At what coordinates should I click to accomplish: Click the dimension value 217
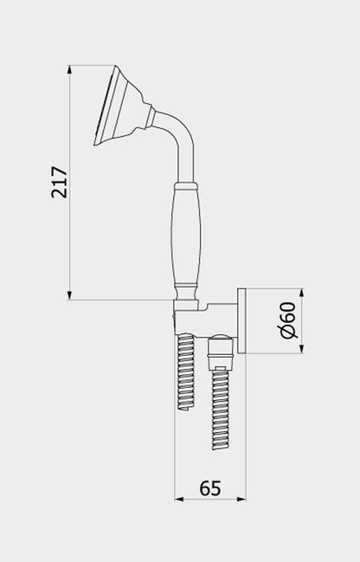pos(59,183)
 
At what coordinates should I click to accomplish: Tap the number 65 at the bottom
pos(209,488)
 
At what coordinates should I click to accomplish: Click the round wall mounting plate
pos(244,321)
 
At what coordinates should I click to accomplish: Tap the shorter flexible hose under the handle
pos(186,372)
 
